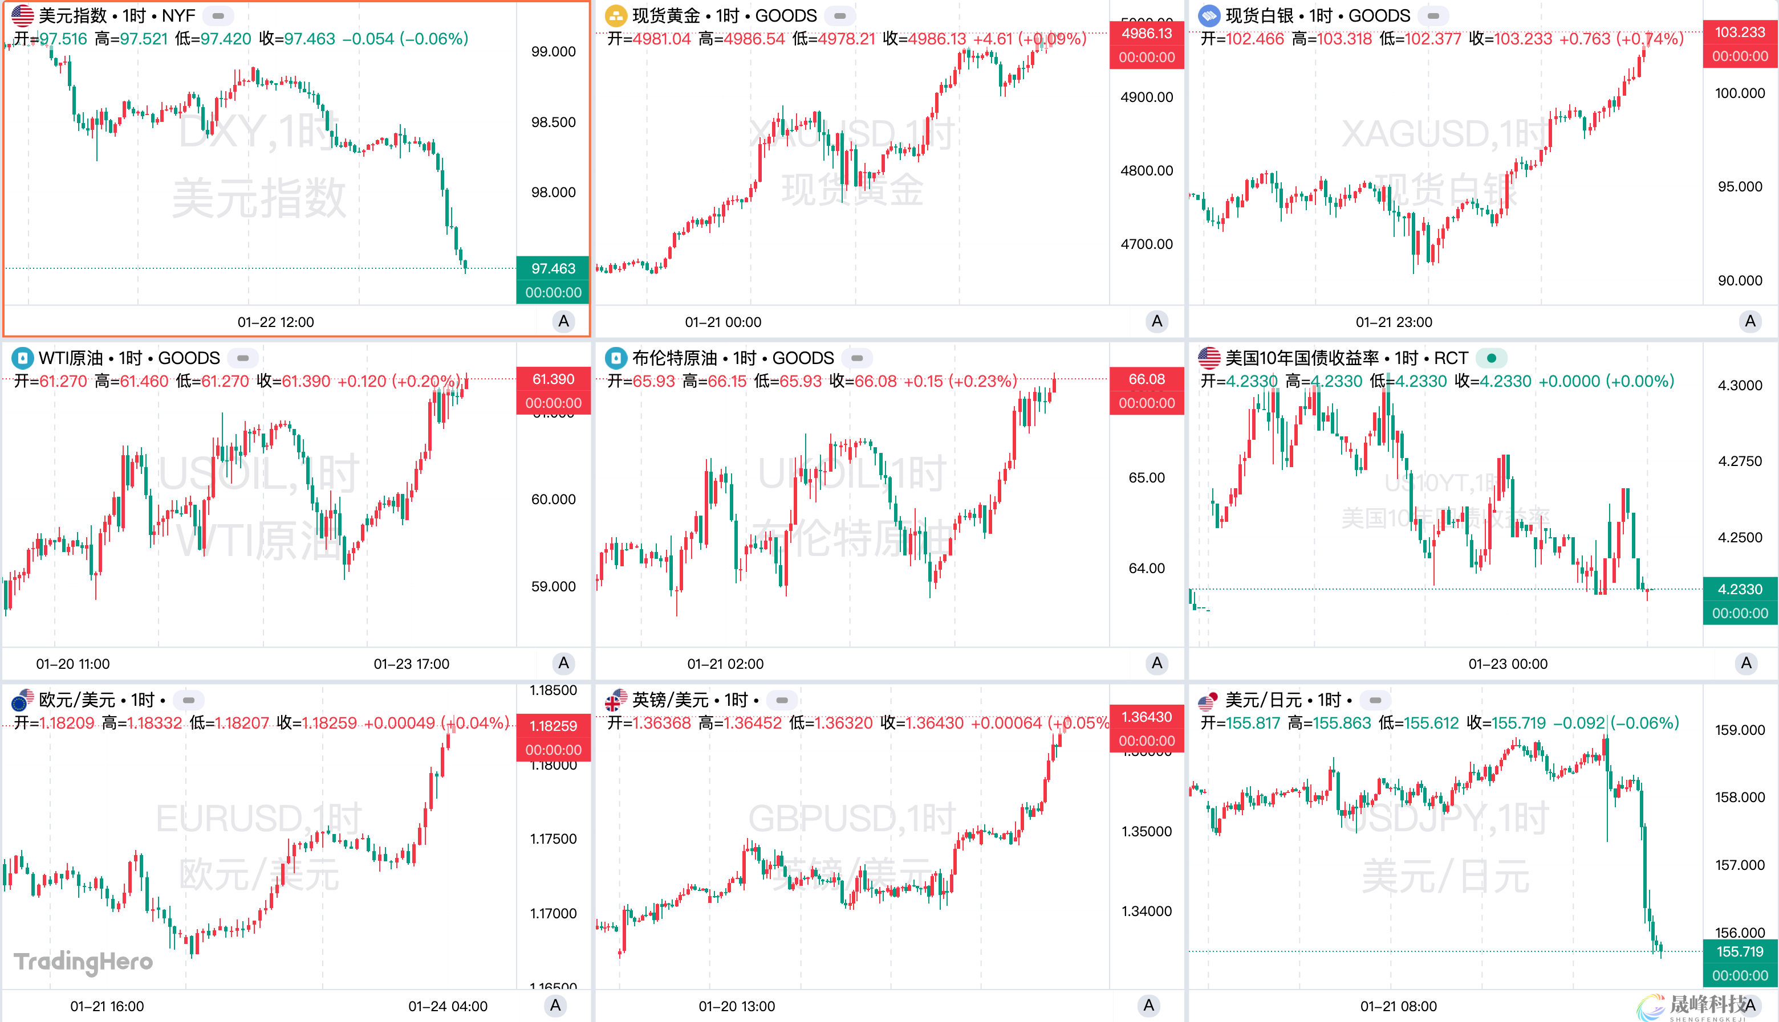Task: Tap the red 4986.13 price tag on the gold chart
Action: (x=1146, y=34)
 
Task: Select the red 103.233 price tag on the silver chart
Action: (x=1739, y=32)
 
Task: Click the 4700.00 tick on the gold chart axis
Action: (x=1146, y=244)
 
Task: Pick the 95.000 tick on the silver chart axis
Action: (x=1739, y=187)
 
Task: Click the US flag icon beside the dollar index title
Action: (x=22, y=15)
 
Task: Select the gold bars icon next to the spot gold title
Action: (x=615, y=15)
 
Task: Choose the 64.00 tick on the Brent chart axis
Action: (x=1146, y=569)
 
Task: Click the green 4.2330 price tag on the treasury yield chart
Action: (x=1739, y=590)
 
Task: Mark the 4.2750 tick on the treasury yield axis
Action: (x=1739, y=461)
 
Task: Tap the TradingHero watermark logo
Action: (x=83, y=962)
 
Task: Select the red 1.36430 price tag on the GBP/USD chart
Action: (x=1146, y=717)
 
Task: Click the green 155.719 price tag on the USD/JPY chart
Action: (x=1739, y=952)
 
